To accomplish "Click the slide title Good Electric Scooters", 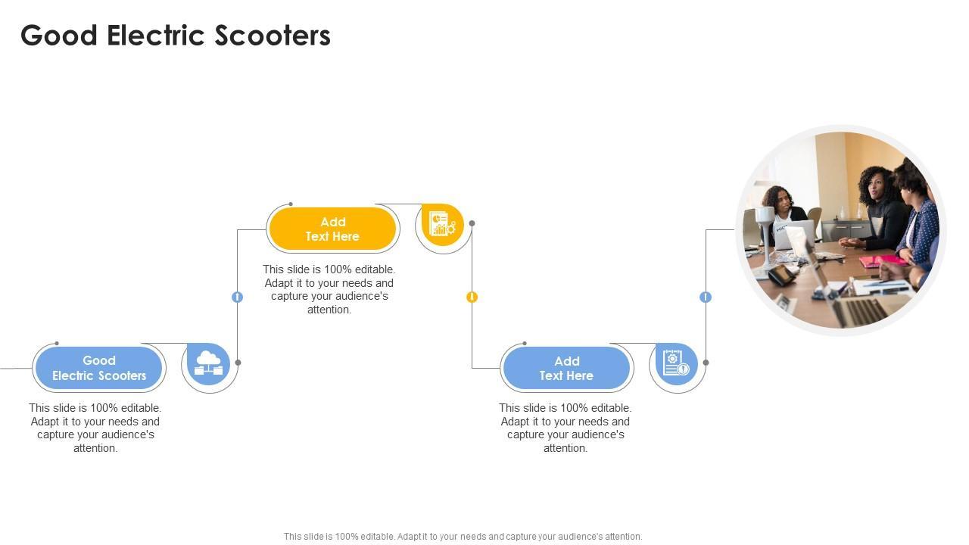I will point(176,36).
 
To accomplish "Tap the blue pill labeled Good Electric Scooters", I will point(99,368).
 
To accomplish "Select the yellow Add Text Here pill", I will point(332,229).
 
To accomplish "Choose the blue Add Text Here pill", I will point(566,368).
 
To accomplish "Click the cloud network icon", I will point(208,363).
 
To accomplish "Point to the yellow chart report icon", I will point(442,224).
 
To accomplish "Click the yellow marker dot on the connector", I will point(472,297).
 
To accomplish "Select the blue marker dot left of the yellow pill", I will point(237,297).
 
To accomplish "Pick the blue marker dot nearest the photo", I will point(706,297).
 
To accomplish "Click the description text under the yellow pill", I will point(329,289).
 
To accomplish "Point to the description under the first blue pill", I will point(95,428).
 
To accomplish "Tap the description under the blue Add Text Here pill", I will point(566,428).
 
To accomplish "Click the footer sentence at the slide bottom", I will point(463,537).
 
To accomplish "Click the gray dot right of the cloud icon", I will point(238,363).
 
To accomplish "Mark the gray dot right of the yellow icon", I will point(472,223).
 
